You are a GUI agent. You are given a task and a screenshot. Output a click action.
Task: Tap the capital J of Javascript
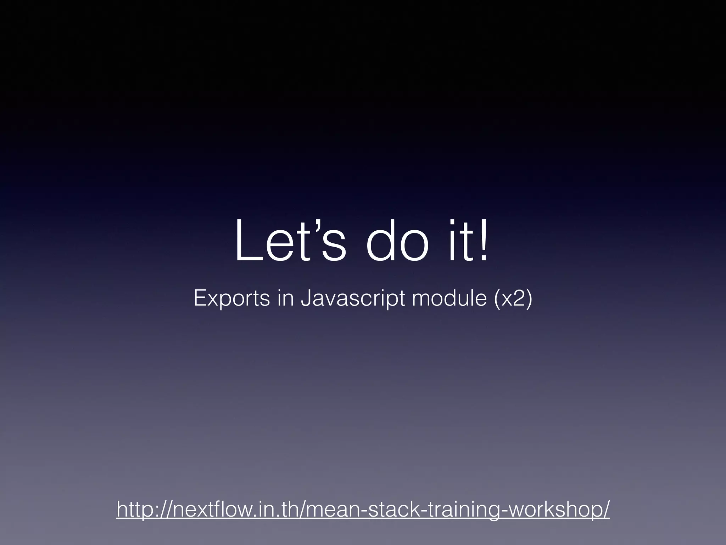[305, 298]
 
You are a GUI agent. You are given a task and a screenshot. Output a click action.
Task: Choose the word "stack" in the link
[387, 510]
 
